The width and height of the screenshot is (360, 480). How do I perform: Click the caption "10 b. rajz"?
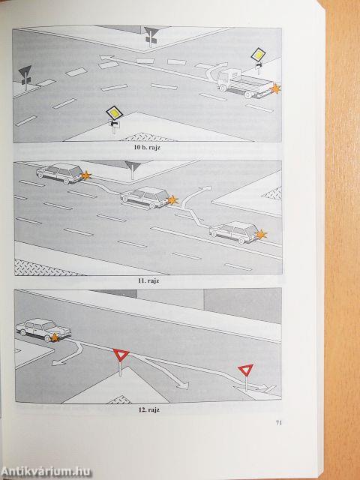click(147, 147)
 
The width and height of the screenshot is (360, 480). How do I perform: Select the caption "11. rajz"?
click(148, 281)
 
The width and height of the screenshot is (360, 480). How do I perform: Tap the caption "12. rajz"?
click(148, 410)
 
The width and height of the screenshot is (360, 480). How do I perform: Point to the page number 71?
click(278, 423)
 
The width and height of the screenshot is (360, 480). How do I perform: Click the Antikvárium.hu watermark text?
click(46, 472)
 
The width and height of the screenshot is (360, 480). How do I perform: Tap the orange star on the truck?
click(275, 88)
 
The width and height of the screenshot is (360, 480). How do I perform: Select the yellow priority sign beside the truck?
click(258, 55)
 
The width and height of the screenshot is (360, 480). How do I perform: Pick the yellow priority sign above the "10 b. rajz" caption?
click(114, 113)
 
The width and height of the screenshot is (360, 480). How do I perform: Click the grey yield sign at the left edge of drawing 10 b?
click(25, 72)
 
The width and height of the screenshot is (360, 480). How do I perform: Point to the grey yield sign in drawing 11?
click(133, 166)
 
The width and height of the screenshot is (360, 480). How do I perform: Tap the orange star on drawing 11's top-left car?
click(86, 175)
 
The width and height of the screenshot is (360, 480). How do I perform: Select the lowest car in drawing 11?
click(235, 232)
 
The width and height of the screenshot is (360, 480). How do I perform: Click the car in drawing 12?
click(43, 330)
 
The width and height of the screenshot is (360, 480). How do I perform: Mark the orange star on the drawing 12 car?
click(55, 337)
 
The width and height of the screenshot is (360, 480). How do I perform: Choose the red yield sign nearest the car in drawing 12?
click(121, 355)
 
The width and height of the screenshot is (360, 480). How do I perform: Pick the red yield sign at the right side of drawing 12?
click(245, 370)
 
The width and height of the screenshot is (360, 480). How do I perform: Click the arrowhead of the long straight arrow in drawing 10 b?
click(104, 57)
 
